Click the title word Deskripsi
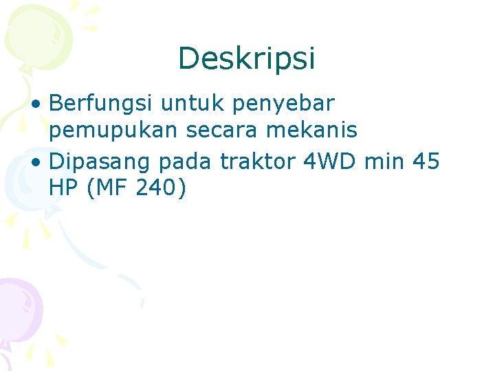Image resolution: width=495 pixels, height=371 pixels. point(247,59)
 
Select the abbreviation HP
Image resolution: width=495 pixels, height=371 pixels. point(64,188)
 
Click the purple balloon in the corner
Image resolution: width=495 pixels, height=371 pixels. point(17,306)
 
